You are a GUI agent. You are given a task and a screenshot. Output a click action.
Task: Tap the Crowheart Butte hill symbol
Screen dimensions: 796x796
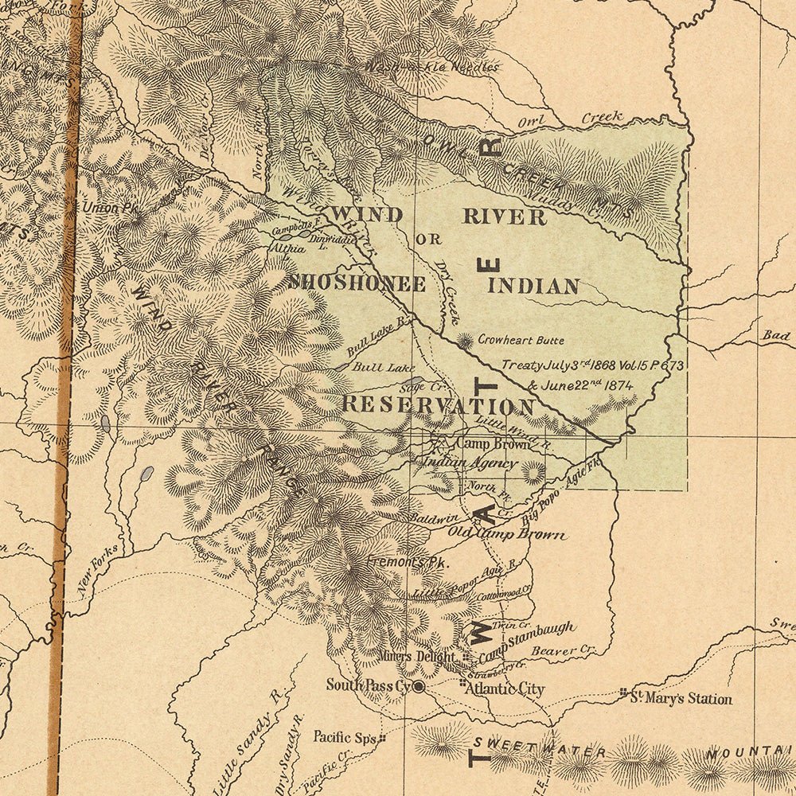click(x=464, y=341)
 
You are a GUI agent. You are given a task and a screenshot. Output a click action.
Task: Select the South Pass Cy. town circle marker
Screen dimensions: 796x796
click(x=418, y=685)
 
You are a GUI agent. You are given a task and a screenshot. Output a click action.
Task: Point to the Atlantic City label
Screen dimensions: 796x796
click(x=505, y=689)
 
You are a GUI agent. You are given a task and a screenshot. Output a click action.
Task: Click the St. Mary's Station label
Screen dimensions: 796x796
click(x=681, y=699)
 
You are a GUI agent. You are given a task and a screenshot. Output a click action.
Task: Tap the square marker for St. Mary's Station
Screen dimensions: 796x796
click(x=624, y=693)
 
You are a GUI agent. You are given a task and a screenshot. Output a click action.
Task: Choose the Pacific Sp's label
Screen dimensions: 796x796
click(x=344, y=737)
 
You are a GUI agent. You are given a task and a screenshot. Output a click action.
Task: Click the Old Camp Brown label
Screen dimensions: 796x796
click(x=507, y=533)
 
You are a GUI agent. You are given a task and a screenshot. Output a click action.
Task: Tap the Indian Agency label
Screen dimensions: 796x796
click(x=470, y=462)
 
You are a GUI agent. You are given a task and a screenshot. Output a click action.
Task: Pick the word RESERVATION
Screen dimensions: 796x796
click(x=438, y=404)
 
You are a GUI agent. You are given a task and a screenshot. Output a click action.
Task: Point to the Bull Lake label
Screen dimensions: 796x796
click(x=378, y=367)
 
